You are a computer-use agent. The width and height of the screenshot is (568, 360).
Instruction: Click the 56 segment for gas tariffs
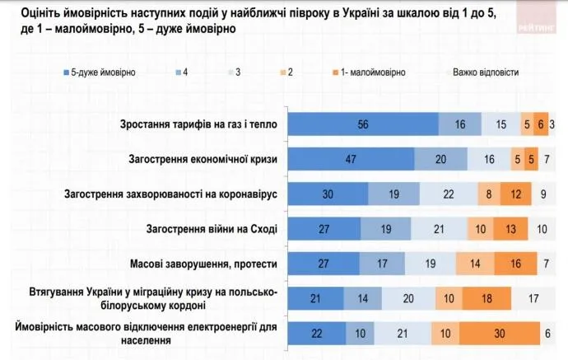[x=362, y=124]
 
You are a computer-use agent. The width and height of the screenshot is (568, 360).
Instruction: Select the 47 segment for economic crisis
[x=350, y=160]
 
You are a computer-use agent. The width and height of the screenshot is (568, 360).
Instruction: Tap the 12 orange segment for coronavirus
[x=515, y=195]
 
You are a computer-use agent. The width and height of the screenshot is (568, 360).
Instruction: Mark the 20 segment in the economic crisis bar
[x=441, y=160]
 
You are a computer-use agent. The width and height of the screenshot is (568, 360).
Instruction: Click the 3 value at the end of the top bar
[x=553, y=124]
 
